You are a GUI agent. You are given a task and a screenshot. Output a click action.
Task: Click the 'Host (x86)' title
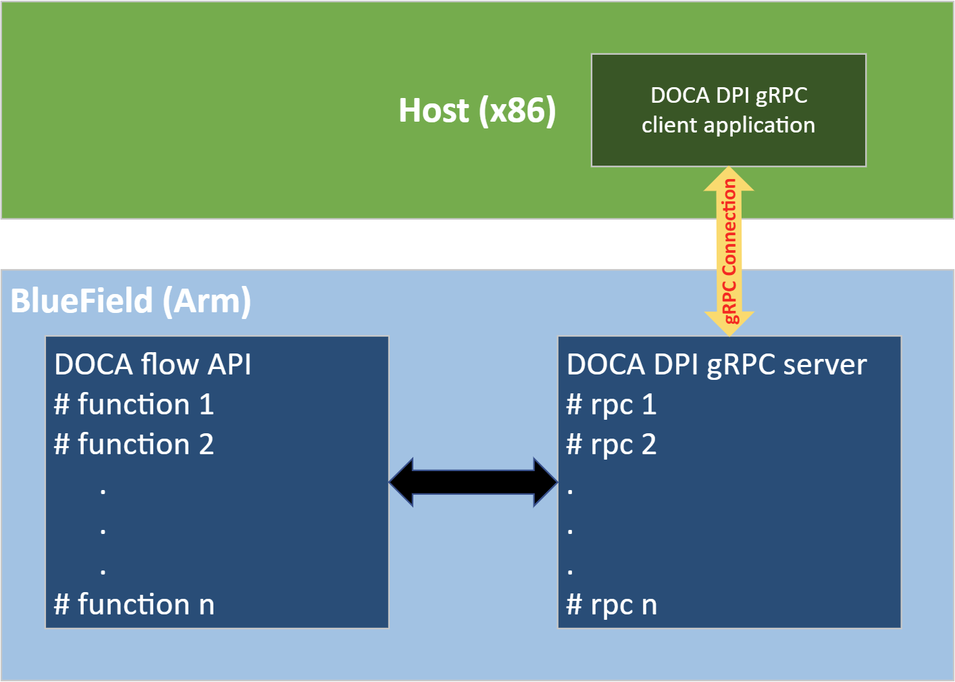(477, 110)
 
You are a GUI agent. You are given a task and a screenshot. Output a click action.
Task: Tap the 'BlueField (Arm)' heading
(131, 301)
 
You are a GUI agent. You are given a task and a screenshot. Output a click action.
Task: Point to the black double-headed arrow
(473, 482)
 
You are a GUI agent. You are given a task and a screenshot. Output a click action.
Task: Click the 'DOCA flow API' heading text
(153, 364)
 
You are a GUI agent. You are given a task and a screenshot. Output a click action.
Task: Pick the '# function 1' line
(134, 404)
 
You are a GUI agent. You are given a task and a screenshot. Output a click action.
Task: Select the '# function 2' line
(134, 444)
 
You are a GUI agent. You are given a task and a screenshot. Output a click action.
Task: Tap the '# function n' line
(134, 604)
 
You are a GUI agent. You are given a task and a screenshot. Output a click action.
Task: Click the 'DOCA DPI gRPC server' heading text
(716, 364)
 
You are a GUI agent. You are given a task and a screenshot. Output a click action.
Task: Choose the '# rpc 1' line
(611, 404)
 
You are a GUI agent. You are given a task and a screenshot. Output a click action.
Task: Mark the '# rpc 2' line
(611, 444)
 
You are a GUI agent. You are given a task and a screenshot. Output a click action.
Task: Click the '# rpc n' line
(611, 604)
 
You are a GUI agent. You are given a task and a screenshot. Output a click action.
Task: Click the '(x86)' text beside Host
(517, 110)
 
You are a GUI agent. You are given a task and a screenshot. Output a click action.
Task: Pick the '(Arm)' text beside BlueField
(207, 301)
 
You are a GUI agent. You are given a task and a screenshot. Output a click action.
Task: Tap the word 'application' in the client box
(759, 126)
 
